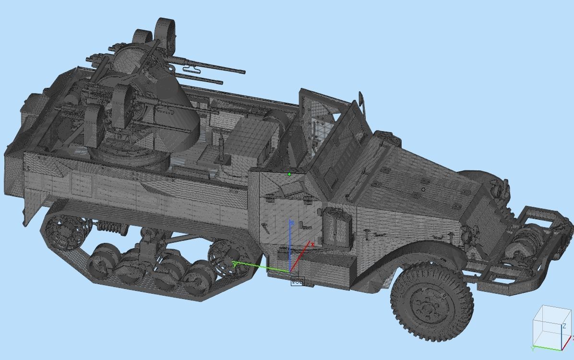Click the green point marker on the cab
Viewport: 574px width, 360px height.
(x=289, y=174)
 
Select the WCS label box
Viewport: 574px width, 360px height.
(x=297, y=282)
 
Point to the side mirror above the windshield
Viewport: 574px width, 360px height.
(x=360, y=101)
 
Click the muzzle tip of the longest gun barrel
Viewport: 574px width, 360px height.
(x=243, y=72)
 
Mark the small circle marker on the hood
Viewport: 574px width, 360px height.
(x=423, y=190)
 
